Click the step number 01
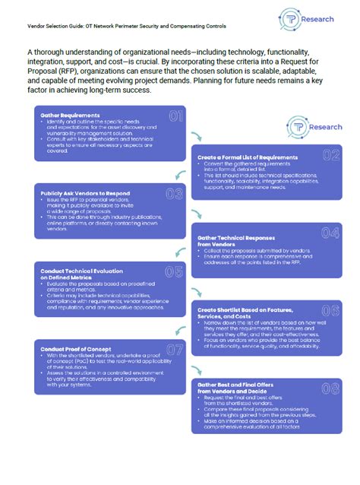point(175,117)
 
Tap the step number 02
point(330,156)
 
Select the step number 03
point(175,194)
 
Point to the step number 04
point(330,233)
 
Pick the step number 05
point(175,272)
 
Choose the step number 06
point(330,310)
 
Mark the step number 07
point(175,350)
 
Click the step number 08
point(330,389)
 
